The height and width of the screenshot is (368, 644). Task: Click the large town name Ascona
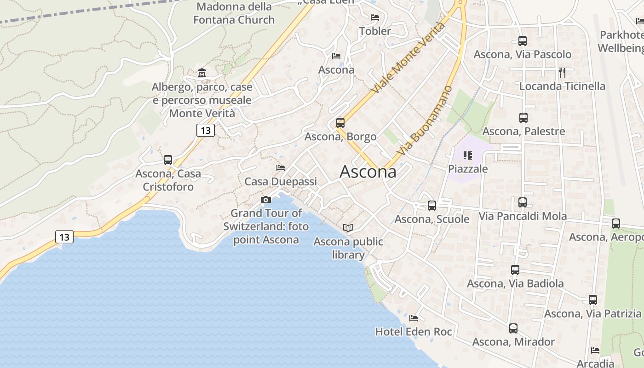pos(368,172)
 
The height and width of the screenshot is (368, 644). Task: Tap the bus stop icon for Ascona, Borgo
pos(340,123)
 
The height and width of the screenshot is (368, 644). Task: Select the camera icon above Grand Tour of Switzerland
pos(266,200)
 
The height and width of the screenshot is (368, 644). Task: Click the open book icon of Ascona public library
pos(348,228)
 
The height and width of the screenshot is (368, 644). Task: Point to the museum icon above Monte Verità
pos(201,73)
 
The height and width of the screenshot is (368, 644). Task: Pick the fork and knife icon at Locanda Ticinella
pos(562,72)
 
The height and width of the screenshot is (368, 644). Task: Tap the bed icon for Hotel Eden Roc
pos(414,318)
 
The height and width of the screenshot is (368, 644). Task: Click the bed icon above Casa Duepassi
pos(281,168)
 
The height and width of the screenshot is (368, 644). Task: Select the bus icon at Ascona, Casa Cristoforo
pos(168,160)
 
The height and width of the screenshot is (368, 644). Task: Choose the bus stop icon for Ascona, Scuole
pos(432,206)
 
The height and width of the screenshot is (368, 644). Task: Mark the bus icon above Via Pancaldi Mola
pos(523,202)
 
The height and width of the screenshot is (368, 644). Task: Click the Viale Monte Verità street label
pos(408,57)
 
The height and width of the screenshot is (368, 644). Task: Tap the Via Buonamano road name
pos(424,121)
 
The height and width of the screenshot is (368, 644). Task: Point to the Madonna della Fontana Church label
pos(234,13)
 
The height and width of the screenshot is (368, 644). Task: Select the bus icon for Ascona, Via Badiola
pos(515,270)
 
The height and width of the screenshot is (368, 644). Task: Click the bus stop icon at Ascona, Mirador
pos(513,328)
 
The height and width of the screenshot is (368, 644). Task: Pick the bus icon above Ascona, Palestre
pos(523,117)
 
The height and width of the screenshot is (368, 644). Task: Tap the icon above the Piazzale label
pos(468,155)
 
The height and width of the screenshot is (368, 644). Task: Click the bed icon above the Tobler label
pos(375,17)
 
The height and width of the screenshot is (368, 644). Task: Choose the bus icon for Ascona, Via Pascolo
pos(523,40)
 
